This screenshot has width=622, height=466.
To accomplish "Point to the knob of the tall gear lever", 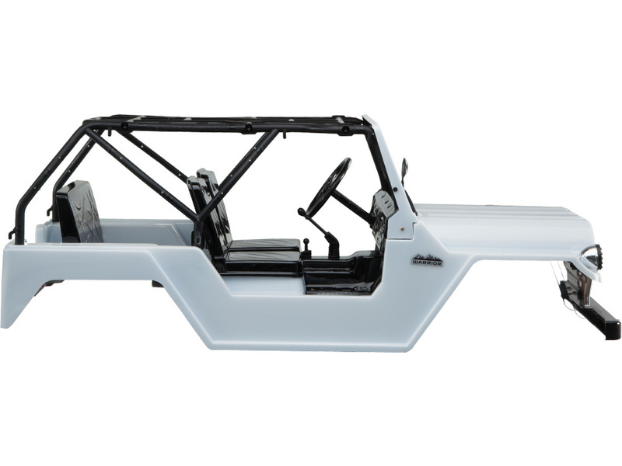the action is pyautogui.click(x=302, y=212).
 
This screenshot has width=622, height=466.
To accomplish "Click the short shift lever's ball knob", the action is pyautogui.click(x=306, y=241).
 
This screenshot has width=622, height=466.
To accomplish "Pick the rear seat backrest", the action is pyautogui.click(x=79, y=211).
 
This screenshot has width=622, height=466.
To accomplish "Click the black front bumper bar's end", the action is pyautogui.click(x=614, y=329).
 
